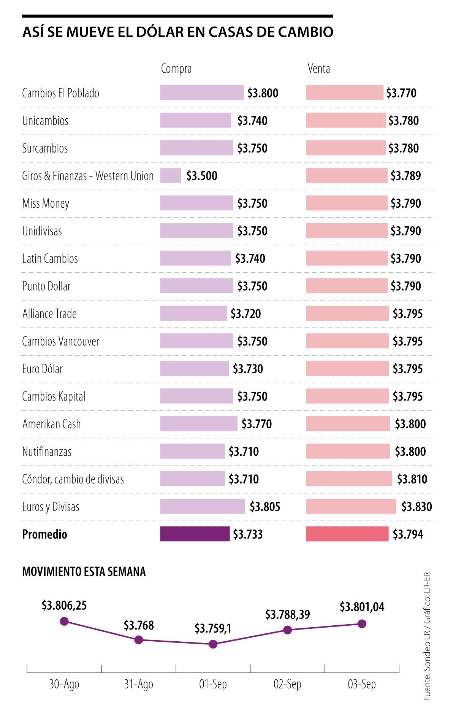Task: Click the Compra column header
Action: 176,69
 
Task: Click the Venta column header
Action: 319,69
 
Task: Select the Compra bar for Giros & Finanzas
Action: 171,175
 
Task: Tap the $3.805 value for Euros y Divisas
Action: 265,507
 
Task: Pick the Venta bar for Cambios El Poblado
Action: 345,93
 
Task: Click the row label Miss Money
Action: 46,203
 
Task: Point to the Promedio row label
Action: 44,534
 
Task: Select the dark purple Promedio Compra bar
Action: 195,534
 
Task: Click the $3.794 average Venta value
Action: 408,534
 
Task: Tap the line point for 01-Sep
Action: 213,644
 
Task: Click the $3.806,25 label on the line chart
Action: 64,605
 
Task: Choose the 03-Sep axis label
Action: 362,684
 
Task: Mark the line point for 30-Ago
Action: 64,621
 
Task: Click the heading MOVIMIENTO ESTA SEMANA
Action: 84,572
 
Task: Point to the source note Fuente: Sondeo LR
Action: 427,666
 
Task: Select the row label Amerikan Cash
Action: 52,424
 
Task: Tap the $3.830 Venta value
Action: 416,507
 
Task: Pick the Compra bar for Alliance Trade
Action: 193,313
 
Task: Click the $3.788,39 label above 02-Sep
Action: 288,614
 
